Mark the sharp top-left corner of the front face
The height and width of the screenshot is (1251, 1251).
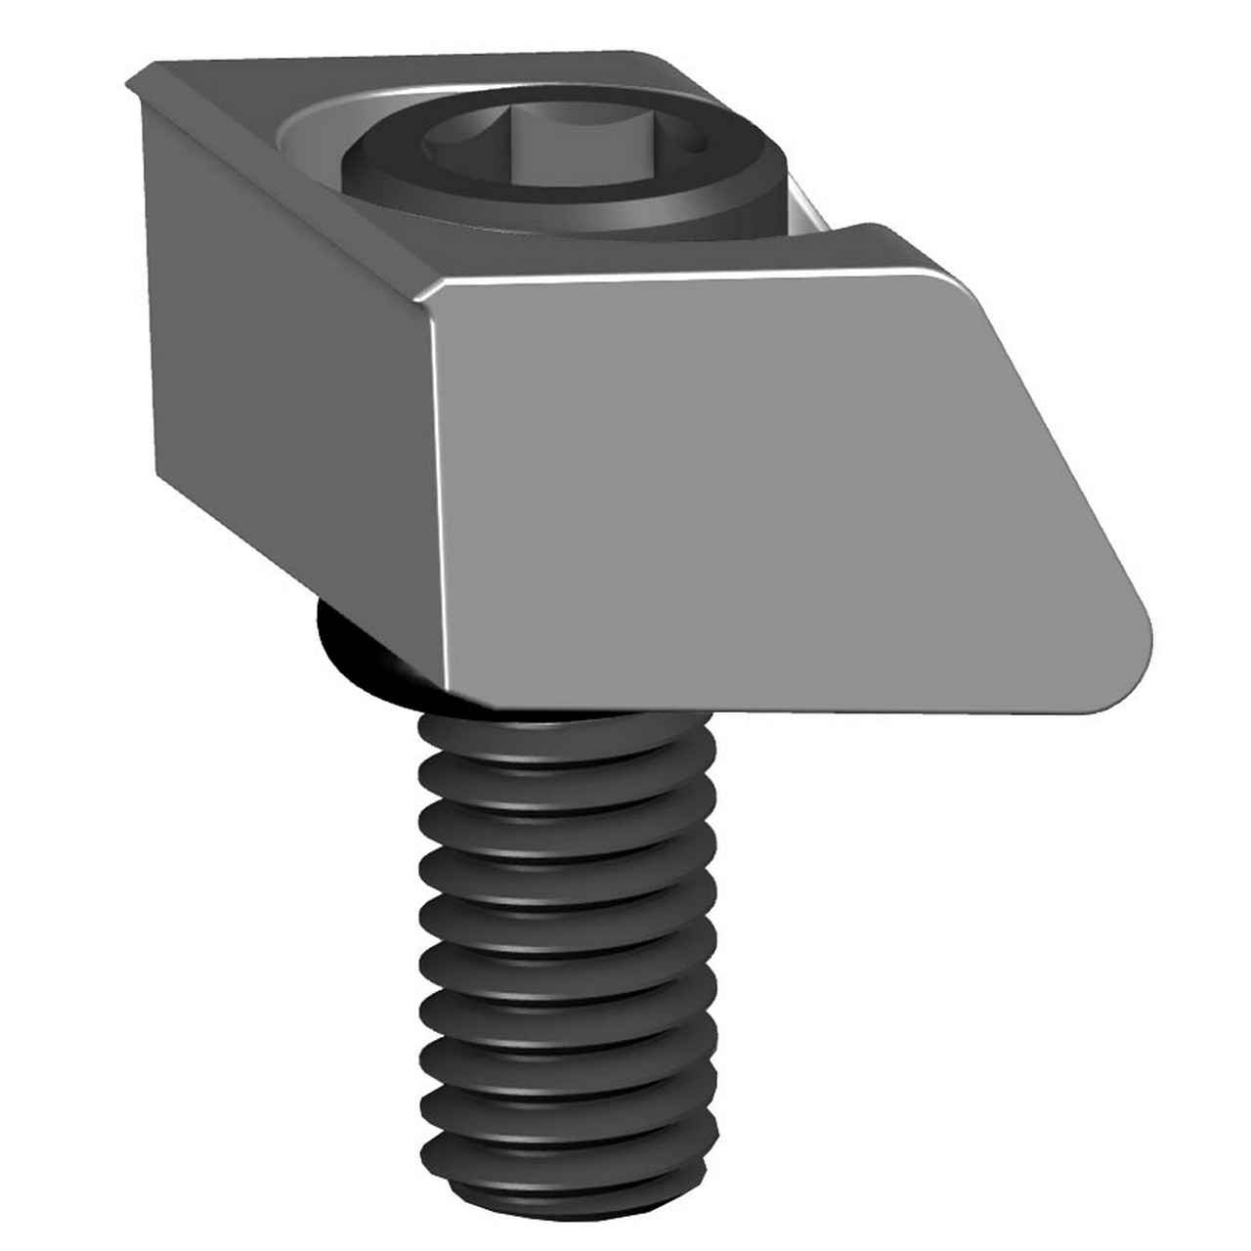click(x=435, y=290)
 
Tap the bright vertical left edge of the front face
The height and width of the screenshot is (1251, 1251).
click(x=441, y=489)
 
